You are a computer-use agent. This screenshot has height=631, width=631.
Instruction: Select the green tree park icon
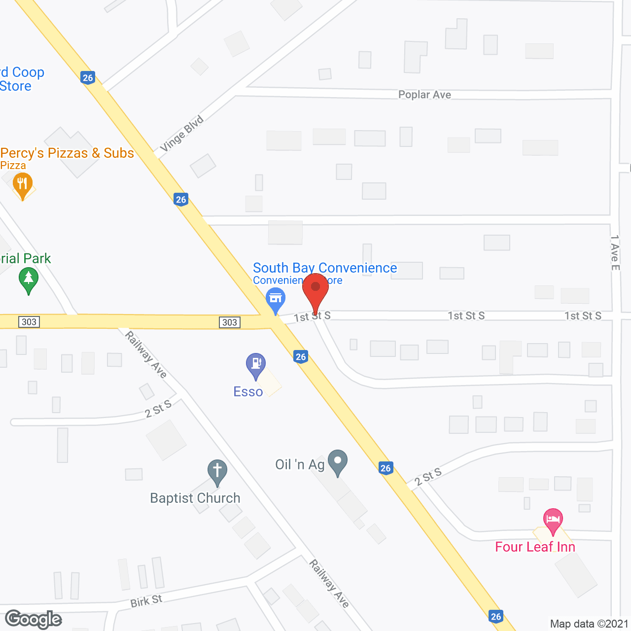(29, 280)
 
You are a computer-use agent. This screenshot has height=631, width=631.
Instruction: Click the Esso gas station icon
(256, 365)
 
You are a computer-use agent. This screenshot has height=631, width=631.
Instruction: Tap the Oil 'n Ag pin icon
(338, 461)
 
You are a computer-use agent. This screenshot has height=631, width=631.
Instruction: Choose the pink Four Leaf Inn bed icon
(553, 520)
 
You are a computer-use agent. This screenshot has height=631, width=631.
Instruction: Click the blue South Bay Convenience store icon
(276, 299)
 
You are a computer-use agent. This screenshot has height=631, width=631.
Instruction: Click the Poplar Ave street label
(424, 95)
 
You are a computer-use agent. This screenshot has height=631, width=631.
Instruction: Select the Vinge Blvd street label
(182, 134)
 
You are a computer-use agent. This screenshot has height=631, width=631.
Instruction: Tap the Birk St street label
(146, 601)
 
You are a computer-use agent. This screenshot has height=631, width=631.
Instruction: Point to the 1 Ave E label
(615, 252)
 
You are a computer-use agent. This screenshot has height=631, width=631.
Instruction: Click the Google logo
(34, 619)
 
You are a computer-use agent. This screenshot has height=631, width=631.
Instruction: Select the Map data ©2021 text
(589, 624)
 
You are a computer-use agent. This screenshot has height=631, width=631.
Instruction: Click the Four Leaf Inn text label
(535, 547)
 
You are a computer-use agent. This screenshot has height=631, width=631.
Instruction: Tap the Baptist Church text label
(195, 498)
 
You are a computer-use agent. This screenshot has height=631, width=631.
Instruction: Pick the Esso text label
(248, 391)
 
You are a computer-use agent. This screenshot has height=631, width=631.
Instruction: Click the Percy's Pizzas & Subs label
(67, 153)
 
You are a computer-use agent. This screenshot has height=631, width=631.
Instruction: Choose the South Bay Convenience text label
(325, 268)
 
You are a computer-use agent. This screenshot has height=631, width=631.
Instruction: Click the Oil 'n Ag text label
(300, 464)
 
